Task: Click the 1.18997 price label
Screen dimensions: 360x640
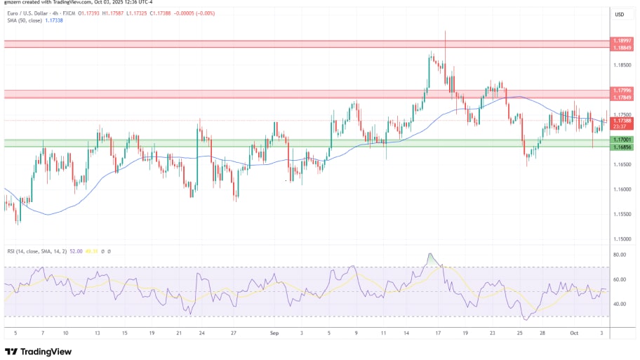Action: (621, 41)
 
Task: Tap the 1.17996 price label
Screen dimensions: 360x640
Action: (621, 91)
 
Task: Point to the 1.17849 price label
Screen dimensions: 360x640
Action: (621, 97)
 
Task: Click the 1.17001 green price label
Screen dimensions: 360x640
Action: (621, 140)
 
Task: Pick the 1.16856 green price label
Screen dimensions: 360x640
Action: (621, 147)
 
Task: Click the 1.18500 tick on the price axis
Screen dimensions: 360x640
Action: (621, 65)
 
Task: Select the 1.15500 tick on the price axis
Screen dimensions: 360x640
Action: (621, 214)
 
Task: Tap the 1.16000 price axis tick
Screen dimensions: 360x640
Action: (621, 189)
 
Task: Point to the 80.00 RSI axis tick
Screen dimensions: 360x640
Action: (619, 255)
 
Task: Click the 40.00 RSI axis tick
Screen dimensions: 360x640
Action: (619, 304)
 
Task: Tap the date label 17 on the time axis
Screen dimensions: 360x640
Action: (437, 333)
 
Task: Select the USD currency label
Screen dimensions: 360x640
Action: (620, 14)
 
